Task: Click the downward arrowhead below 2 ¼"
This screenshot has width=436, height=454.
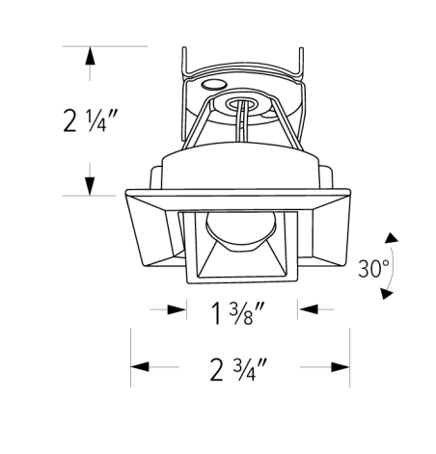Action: (91, 186)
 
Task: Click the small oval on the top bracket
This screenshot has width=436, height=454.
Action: (209, 85)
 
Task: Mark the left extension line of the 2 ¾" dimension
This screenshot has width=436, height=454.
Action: (131, 352)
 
